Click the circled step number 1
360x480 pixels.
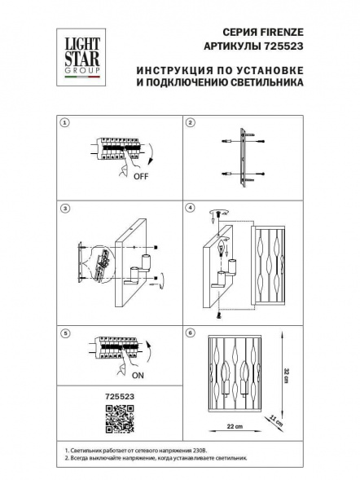(x=65, y=123)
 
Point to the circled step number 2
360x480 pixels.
(x=190, y=123)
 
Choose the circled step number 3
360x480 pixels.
(x=65, y=207)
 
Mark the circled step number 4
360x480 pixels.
(x=190, y=207)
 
